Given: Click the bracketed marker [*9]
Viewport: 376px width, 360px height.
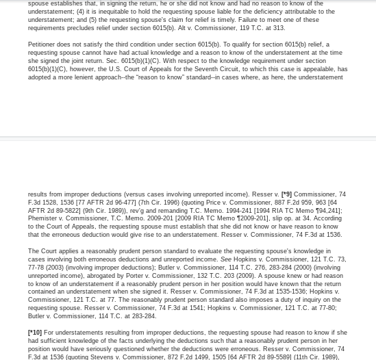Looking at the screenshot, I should coord(286,195).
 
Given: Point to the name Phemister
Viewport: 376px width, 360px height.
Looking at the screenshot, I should coord(43,218).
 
